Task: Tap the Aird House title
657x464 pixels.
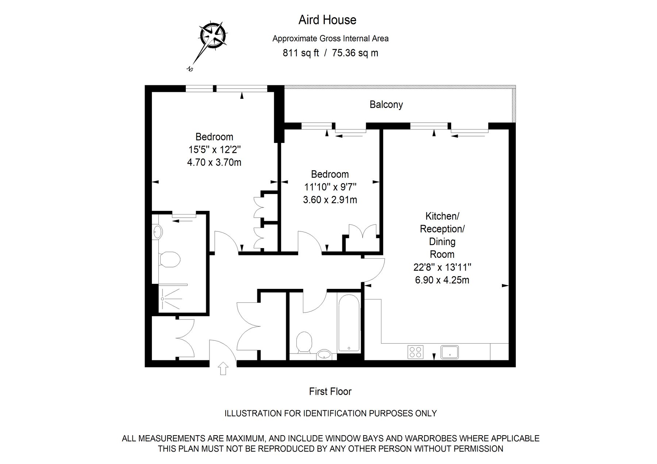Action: (x=327, y=20)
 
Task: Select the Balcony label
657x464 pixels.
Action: (x=386, y=105)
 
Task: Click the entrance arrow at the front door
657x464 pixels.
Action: (x=223, y=368)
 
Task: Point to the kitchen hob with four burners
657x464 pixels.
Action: (x=415, y=352)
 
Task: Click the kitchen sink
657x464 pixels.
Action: (x=450, y=352)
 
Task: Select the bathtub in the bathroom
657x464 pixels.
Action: (x=349, y=323)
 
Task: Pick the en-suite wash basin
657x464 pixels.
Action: (x=158, y=231)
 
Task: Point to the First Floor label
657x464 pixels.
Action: (x=330, y=391)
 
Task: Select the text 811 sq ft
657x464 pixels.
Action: (x=301, y=53)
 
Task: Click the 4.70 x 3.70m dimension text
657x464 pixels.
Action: (x=214, y=162)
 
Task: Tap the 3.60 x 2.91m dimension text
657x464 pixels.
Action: (x=330, y=200)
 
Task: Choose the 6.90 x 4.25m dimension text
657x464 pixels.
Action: (x=442, y=280)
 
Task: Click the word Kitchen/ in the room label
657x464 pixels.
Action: (x=442, y=216)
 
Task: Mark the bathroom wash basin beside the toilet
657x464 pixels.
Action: (x=324, y=354)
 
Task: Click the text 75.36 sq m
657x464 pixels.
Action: (x=355, y=53)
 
